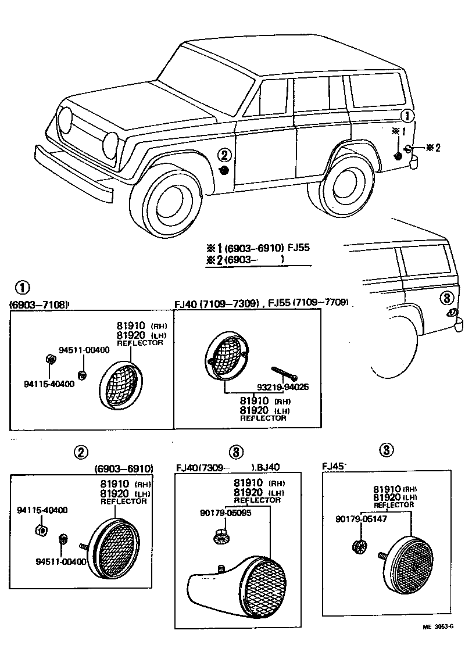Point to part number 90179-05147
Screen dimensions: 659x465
coord(360,518)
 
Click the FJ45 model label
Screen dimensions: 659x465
coord(334,466)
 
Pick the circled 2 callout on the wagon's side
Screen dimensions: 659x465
coord(226,155)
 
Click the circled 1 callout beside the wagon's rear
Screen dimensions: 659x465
coord(408,116)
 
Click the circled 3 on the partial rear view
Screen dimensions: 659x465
coord(445,298)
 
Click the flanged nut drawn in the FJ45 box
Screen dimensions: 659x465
coord(360,546)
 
